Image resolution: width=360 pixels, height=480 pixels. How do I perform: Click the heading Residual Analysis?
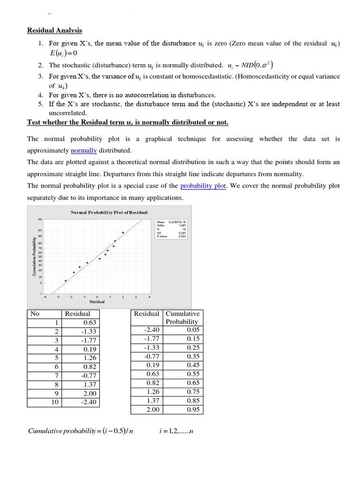click(54, 30)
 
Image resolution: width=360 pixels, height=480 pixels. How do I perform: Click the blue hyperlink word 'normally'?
click(83, 150)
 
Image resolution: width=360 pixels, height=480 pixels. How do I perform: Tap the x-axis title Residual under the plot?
click(97, 301)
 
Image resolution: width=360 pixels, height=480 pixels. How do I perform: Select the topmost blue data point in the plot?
click(123, 232)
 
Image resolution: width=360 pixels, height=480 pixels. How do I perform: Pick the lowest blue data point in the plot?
click(66, 281)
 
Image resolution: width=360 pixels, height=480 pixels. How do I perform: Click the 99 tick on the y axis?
click(39, 219)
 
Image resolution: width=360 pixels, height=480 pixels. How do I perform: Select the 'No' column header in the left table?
click(34, 314)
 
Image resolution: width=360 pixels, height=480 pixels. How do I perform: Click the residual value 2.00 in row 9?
click(89, 393)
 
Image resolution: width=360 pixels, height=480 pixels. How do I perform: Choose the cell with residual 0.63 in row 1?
click(89, 322)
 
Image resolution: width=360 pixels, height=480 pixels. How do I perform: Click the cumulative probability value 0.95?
click(193, 410)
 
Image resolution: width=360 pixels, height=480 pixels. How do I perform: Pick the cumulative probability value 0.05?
click(193, 330)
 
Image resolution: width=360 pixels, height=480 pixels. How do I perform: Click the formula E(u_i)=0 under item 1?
click(63, 53)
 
